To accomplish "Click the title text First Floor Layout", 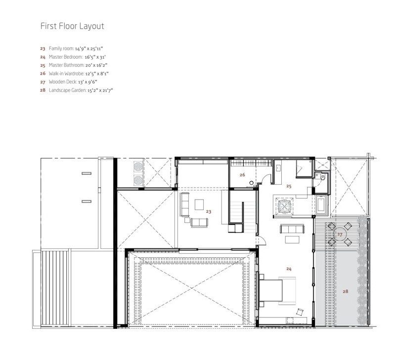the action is pos(72,26).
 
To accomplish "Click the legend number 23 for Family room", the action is pos(43,48).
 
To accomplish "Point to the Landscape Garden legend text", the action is pos(67,90).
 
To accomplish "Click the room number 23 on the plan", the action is pos(208,211).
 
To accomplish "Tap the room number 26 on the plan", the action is pos(242,175).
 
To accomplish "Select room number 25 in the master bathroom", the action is pos(289,186).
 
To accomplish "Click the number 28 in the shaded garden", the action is pos(345,291).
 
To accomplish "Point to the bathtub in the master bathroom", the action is pos(322,205).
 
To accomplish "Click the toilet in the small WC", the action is pos(323,177).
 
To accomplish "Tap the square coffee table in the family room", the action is pos(199,204).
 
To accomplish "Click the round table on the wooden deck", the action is pos(340,235).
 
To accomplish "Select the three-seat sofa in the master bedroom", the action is pos(292,229).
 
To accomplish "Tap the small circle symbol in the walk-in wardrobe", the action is pos(251,183).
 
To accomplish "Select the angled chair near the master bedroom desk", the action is pos(300,312).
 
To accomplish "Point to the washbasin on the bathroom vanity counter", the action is pos(278,168).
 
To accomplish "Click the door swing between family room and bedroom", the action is pos(263,240).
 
